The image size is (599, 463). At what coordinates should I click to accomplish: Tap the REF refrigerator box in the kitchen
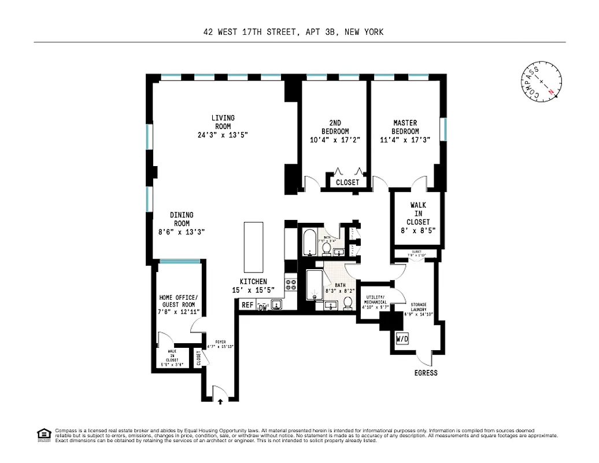pyautogui.click(x=247, y=305)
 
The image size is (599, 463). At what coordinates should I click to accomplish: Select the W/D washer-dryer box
pyautogui.click(x=402, y=339)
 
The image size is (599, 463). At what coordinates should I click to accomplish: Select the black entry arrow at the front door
pyautogui.click(x=220, y=399)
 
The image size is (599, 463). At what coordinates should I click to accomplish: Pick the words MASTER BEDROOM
pyautogui.click(x=405, y=127)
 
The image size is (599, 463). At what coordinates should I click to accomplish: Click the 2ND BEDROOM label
pyautogui.click(x=335, y=127)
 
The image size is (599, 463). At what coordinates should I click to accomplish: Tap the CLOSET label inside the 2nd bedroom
pyautogui.click(x=347, y=182)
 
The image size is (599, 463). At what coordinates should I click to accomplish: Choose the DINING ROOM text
pyautogui.click(x=182, y=219)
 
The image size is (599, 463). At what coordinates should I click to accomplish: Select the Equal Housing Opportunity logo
pyautogui.click(x=43, y=434)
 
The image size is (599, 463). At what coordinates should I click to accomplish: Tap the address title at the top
pyautogui.click(x=293, y=32)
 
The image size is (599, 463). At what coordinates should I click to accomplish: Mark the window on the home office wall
pyautogui.click(x=179, y=262)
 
